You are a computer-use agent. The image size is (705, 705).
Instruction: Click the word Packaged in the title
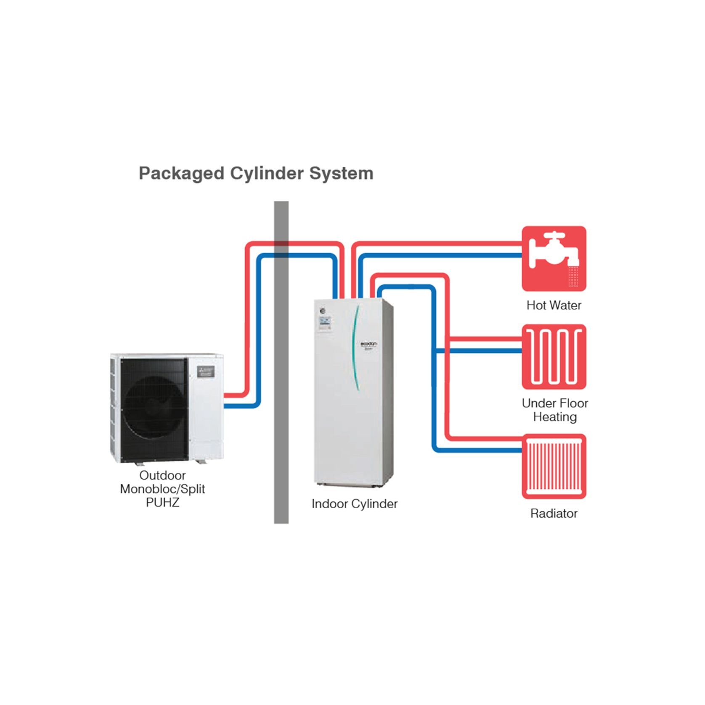[x=181, y=174]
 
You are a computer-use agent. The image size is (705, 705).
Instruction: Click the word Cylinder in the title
[x=266, y=174]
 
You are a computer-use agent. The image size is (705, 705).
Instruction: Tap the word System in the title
[x=341, y=174]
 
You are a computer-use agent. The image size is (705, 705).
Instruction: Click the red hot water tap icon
[x=554, y=258]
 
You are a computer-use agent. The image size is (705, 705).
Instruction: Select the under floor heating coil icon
[x=554, y=357]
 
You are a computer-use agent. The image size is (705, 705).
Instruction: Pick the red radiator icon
[x=554, y=466]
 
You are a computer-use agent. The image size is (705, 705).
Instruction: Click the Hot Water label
[x=554, y=305]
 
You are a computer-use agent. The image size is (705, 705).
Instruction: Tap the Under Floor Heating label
[x=554, y=410]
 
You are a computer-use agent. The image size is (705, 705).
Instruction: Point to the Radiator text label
[x=554, y=514]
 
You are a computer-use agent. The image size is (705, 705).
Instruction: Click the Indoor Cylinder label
[x=354, y=504]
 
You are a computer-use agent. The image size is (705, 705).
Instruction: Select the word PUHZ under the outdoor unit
[x=162, y=503]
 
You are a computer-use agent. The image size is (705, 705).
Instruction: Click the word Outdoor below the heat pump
[x=162, y=476]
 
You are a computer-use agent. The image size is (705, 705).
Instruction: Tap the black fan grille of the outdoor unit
[x=154, y=408]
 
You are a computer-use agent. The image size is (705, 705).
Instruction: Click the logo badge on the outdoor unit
[x=206, y=371]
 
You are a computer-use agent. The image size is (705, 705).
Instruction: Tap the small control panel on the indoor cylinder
[x=324, y=323]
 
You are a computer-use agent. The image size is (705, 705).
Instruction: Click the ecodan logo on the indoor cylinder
[x=369, y=345]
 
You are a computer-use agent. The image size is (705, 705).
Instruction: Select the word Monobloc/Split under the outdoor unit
[x=162, y=489]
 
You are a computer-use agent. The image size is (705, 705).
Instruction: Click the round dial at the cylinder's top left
[x=323, y=311]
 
